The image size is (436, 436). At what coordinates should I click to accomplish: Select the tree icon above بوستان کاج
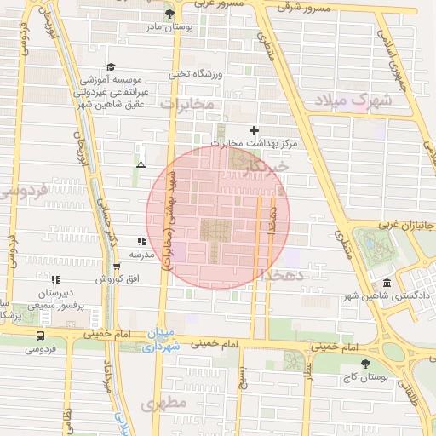[366, 363]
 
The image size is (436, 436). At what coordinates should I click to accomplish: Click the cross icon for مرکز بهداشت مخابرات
[254, 129]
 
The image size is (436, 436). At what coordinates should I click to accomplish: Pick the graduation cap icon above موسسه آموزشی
[110, 67]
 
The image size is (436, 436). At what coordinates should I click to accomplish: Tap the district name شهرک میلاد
[353, 100]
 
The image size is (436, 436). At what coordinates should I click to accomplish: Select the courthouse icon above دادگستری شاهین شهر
[387, 283]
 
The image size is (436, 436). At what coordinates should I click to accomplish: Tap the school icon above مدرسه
[141, 242]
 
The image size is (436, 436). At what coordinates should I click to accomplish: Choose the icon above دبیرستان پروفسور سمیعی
[55, 278]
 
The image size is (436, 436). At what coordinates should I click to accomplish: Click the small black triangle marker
[141, 163]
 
